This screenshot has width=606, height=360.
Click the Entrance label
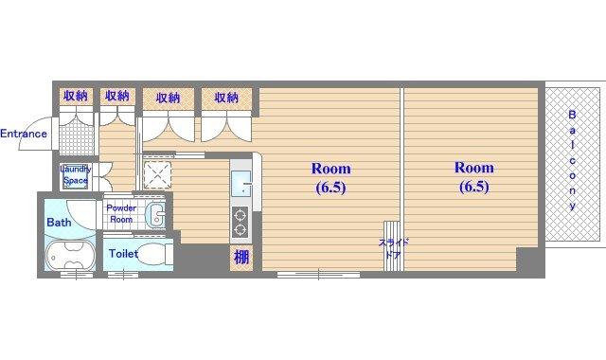pyautogui.click(x=24, y=134)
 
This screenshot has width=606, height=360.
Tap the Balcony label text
pyautogui.click(x=572, y=160)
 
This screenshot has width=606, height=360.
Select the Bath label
pyautogui.click(x=59, y=223)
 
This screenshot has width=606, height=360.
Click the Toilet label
pyautogui.click(x=123, y=254)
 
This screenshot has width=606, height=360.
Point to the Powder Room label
pyautogui.click(x=121, y=213)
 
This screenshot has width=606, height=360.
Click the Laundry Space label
pyautogui.click(x=76, y=174)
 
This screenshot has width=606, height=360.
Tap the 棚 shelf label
pyautogui.click(x=241, y=257)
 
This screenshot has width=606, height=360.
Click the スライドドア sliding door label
pyautogui.click(x=394, y=249)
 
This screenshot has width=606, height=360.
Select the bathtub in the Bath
pyautogui.click(x=70, y=255)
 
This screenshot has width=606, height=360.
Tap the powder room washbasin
pyautogui.click(x=155, y=215)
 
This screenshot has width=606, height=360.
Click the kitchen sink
pyautogui.click(x=241, y=184)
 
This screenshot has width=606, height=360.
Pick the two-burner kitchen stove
pyautogui.click(x=240, y=222)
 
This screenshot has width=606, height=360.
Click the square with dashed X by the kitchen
pyautogui.click(x=157, y=174)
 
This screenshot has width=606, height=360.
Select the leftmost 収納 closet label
pyautogui.click(x=76, y=96)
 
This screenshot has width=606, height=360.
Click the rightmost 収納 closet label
pyautogui.click(x=226, y=98)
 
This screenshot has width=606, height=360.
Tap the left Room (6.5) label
pyautogui.click(x=330, y=178)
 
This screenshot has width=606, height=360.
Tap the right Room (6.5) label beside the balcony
pyautogui.click(x=473, y=177)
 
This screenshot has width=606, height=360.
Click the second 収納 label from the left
pyautogui.click(x=117, y=96)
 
